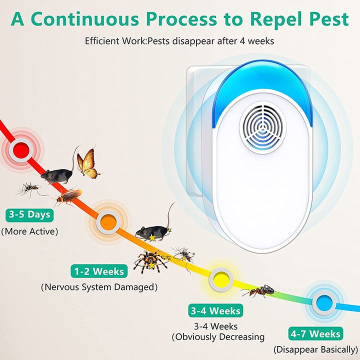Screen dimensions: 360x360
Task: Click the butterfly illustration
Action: [87, 163]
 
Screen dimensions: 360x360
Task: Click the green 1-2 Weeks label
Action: [99, 271]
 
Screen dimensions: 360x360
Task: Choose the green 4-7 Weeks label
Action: [315, 333]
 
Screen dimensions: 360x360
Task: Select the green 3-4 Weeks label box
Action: [214, 310]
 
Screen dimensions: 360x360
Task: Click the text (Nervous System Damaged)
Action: [99, 287]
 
